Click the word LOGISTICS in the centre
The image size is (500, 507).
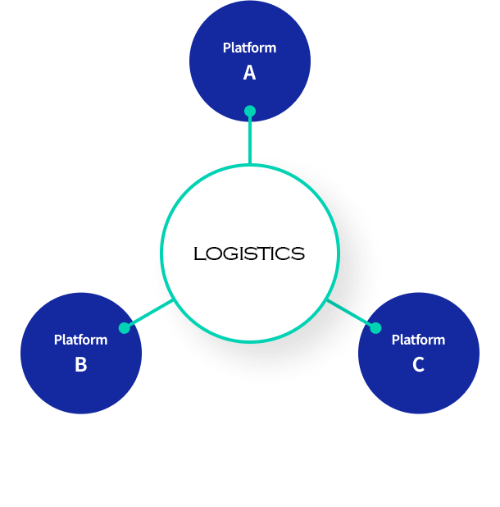249,254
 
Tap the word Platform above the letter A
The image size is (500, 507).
249,48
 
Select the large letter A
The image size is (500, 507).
249,73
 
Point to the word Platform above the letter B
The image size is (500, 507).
80,340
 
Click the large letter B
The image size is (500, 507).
80,365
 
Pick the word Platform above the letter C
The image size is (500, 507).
418,340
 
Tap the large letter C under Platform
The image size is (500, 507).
418,365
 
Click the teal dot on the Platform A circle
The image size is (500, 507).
250,111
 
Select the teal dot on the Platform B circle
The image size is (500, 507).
125,328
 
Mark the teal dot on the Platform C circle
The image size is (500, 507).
375,328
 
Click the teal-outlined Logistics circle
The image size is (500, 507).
250,205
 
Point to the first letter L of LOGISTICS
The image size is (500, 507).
198,254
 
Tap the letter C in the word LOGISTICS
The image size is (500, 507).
286,254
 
